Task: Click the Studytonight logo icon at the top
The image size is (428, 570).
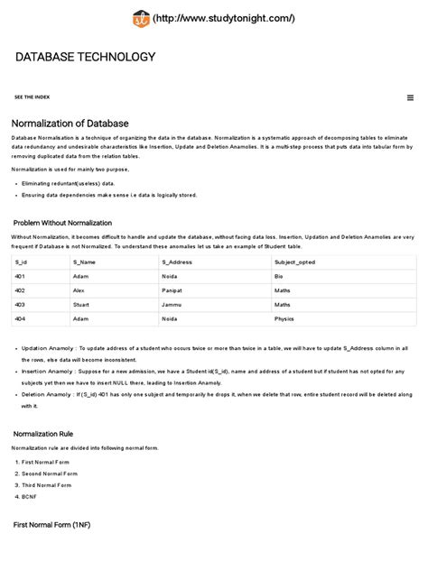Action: [x=140, y=18]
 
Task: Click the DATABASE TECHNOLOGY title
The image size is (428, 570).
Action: [x=86, y=58]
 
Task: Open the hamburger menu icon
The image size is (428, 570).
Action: [x=410, y=97]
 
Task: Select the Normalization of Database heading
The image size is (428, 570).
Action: [x=70, y=123]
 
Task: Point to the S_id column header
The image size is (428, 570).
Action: [x=21, y=262]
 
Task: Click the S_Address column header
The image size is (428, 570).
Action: [x=177, y=262]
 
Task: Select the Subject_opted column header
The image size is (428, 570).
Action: [x=295, y=262]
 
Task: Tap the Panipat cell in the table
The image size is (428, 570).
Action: [x=173, y=290]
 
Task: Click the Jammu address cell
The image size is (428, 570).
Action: [x=172, y=305]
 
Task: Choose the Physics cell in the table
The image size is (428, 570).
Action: [x=284, y=319]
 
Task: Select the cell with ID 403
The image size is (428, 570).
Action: [x=20, y=305]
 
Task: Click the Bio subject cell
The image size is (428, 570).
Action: [x=279, y=276]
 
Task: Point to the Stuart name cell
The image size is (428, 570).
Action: [x=81, y=305]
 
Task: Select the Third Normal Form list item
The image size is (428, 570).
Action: [x=47, y=485]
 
